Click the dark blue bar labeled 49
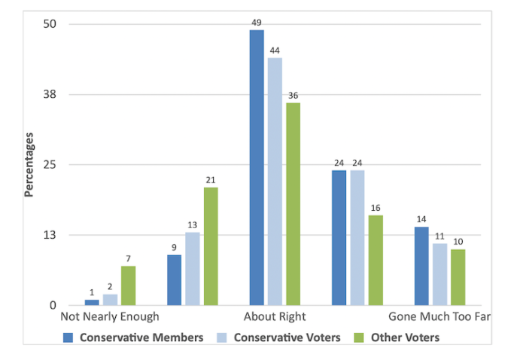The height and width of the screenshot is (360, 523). [x=257, y=167]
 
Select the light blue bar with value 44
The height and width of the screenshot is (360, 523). [x=275, y=182]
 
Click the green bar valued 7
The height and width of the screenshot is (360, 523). [x=129, y=285]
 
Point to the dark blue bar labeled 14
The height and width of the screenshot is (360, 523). [x=421, y=266]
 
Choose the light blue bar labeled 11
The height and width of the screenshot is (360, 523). [x=439, y=274]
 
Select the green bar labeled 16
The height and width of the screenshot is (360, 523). [x=376, y=260]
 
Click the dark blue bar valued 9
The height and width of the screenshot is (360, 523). [x=174, y=279]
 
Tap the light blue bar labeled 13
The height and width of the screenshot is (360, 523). [x=193, y=269]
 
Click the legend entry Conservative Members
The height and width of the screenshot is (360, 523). [x=135, y=337]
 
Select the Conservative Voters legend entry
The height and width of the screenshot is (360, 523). [x=279, y=337]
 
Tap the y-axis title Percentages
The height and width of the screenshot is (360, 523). [x=29, y=164]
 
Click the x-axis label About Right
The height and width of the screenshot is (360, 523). [x=275, y=317]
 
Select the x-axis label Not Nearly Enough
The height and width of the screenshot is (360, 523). [x=110, y=317]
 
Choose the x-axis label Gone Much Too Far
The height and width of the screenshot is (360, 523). [x=439, y=317]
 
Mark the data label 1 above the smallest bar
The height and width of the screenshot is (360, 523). [x=92, y=292]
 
